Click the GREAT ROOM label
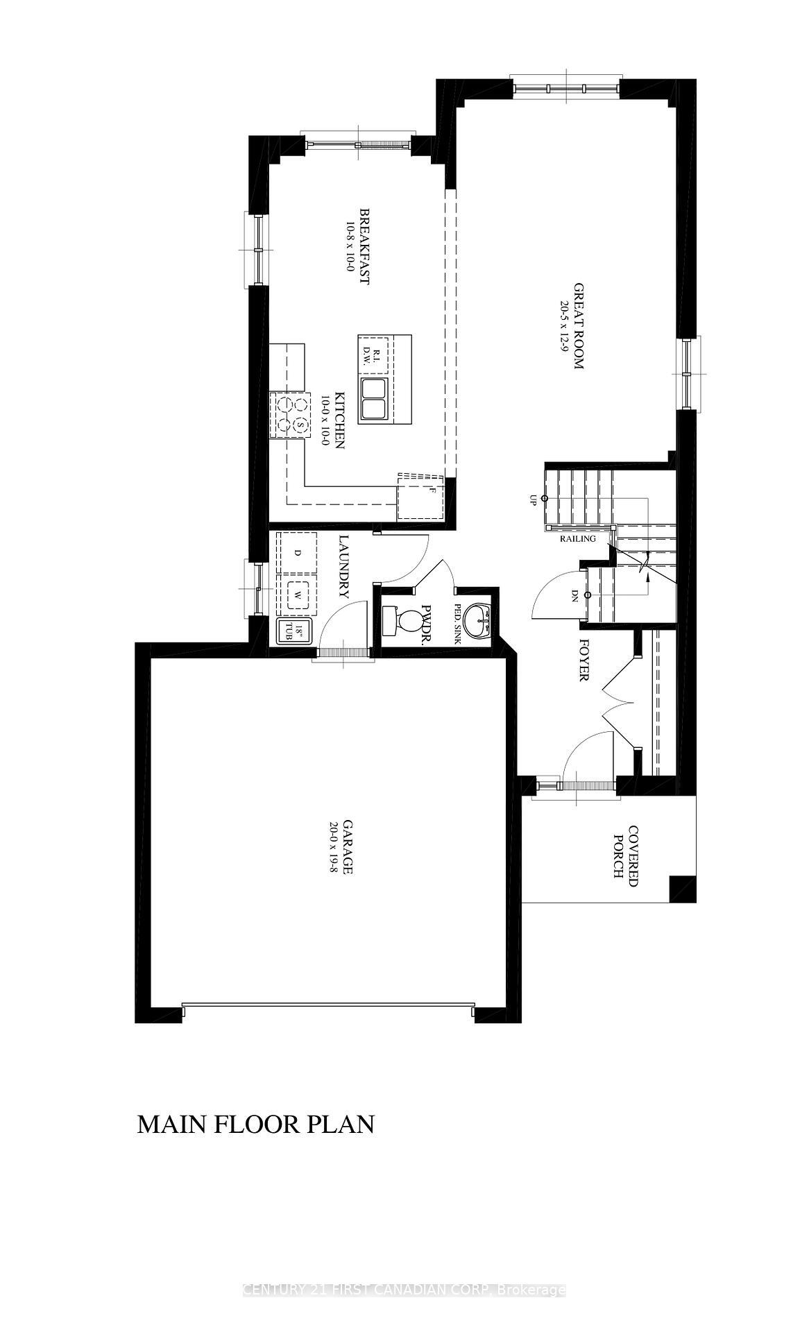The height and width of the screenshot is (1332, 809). [x=578, y=325]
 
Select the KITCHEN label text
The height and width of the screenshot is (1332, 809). [x=339, y=420]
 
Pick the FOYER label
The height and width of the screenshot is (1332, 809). [x=584, y=660]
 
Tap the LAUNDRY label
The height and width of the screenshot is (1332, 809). [x=343, y=566]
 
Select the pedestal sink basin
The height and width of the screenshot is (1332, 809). [x=476, y=619]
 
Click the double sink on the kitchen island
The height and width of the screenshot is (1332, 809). [x=373, y=399]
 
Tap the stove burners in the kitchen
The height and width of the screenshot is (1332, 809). [x=291, y=414]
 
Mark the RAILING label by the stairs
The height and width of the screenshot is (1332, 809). [x=578, y=538]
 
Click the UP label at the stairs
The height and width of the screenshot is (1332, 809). [x=533, y=499]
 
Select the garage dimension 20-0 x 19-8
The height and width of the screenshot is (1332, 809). [x=334, y=847]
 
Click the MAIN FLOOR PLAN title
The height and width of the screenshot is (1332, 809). [x=255, y=1124]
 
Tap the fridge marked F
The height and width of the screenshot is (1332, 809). [x=420, y=497]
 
